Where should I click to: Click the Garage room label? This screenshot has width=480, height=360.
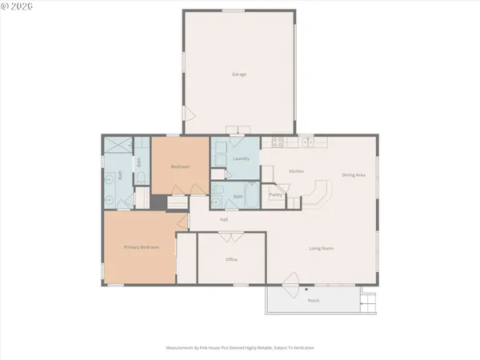(x=238, y=74)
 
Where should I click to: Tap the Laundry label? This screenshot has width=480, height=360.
(x=242, y=158)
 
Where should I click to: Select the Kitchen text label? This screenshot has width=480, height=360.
(x=296, y=171)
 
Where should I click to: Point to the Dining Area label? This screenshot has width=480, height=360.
(x=354, y=174)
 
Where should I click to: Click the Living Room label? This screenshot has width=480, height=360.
(x=322, y=248)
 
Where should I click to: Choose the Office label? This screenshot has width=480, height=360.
(x=231, y=259)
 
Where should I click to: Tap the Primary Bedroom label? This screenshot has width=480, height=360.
(x=141, y=247)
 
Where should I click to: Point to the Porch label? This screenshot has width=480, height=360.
(x=314, y=300)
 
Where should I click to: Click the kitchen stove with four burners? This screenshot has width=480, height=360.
(x=278, y=143)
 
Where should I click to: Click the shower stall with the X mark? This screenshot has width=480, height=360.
(x=118, y=145)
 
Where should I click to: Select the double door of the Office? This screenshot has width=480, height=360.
(x=230, y=237)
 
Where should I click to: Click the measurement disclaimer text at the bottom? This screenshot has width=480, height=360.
(x=240, y=348)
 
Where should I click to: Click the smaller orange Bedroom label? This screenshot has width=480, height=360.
(x=180, y=166)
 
